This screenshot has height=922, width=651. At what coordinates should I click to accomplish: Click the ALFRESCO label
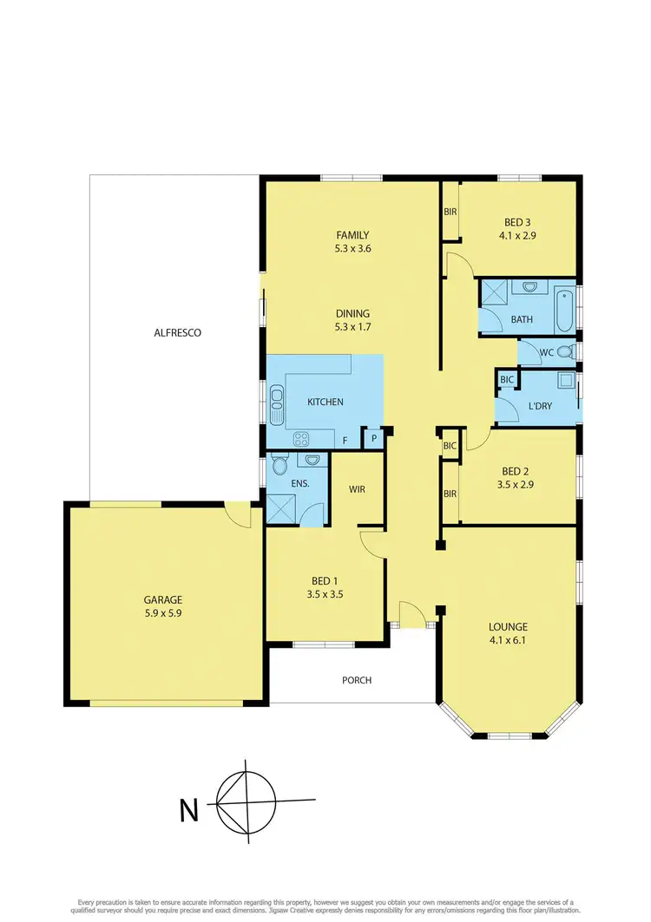177,332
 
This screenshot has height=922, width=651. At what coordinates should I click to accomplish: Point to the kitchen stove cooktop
300,439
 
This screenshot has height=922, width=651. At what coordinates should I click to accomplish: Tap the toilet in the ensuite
279,466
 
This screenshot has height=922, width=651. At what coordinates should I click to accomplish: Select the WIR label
357,489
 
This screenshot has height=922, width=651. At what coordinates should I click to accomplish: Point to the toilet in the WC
565,352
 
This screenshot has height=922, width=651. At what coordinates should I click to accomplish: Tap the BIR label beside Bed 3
450,212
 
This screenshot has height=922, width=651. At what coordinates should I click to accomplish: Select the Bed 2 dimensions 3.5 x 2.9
515,485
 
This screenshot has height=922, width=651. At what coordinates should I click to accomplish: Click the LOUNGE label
509,627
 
